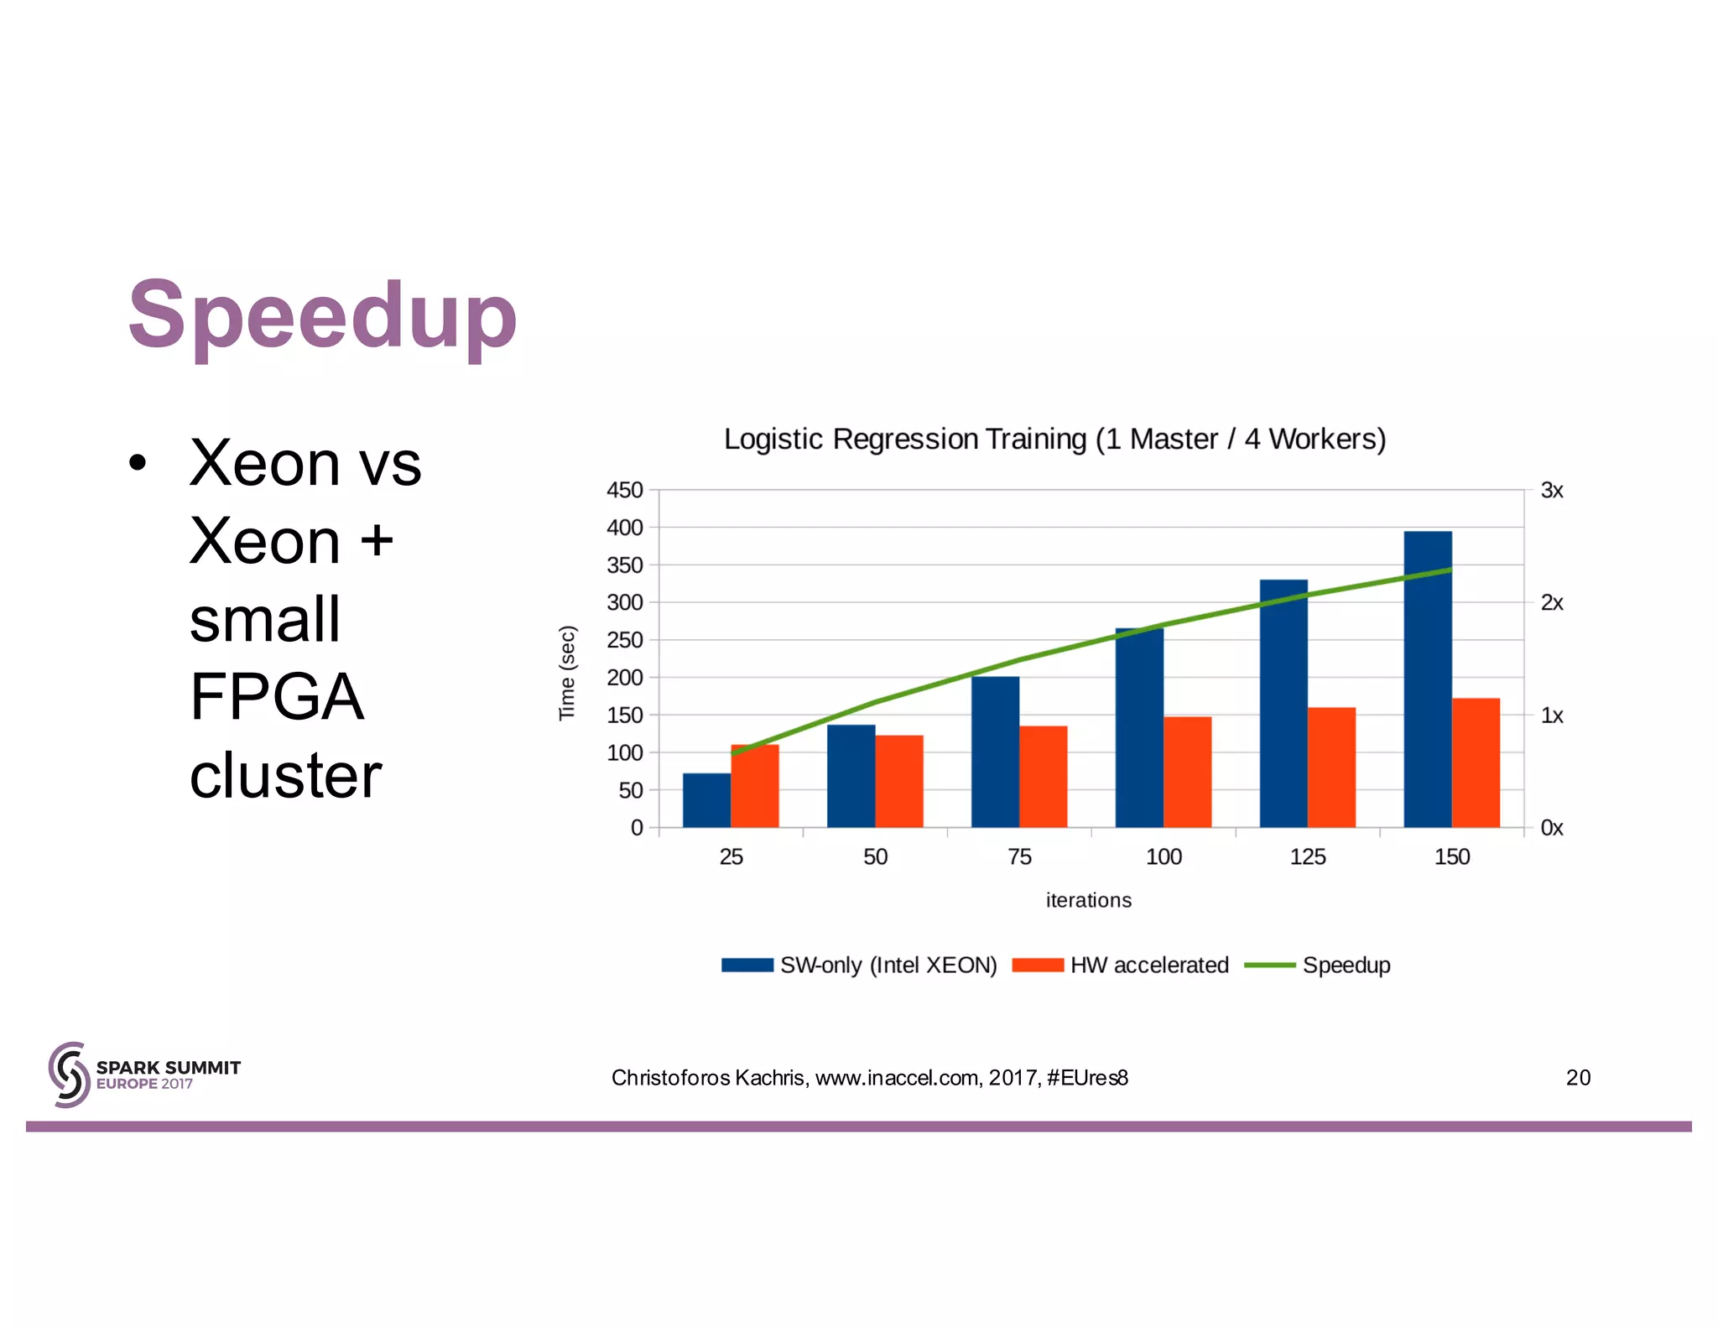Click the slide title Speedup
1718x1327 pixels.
(322, 315)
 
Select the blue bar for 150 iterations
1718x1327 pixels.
(1427, 679)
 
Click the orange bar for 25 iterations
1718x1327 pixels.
(755, 787)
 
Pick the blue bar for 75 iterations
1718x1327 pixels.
(995, 752)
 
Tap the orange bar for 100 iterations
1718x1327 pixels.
(1187, 773)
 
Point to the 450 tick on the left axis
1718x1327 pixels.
(625, 490)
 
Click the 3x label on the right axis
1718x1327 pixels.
(1551, 491)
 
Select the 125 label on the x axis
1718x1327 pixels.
(1307, 856)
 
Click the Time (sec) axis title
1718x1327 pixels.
(568, 673)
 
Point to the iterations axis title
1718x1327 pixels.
(1088, 900)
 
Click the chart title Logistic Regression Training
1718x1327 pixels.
(1054, 440)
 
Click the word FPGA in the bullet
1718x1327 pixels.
(276, 697)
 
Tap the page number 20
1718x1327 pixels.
(1577, 1078)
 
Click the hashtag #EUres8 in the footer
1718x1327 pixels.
(1087, 1078)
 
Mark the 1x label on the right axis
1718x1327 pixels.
(1551, 716)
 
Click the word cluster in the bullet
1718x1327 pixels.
(285, 776)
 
